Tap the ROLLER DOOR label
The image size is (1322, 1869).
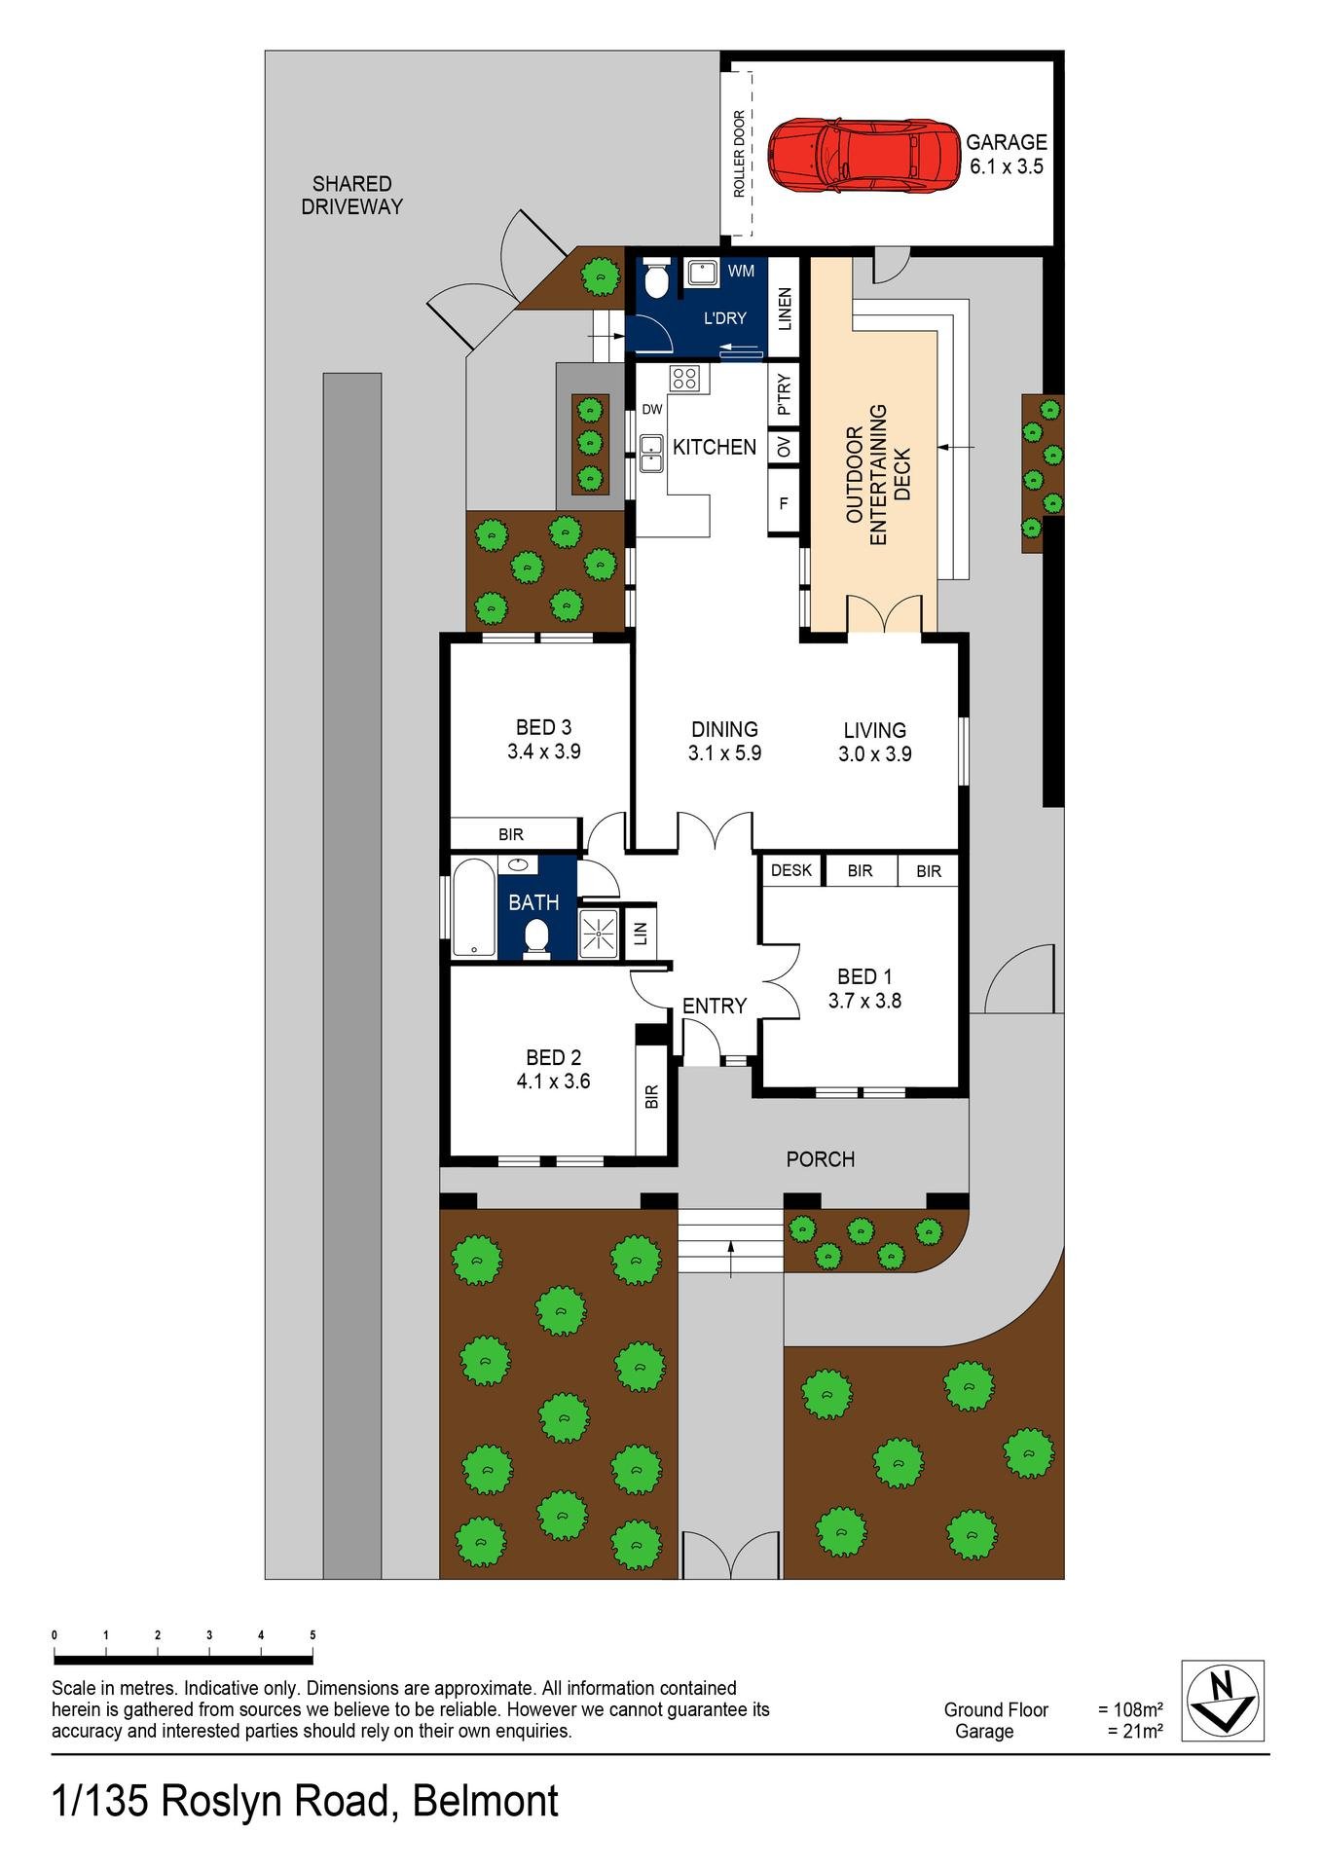[740, 154]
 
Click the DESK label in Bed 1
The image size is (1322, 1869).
[791, 870]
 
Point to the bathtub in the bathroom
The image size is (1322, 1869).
[473, 908]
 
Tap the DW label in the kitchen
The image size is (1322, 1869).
[651, 410]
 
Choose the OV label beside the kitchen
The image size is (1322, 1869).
[784, 447]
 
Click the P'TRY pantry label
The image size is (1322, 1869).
[784, 393]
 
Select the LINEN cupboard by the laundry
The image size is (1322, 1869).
[785, 308]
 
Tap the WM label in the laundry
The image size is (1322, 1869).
[741, 272]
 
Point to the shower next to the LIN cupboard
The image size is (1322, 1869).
[599, 934]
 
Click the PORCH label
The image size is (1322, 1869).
[821, 1159]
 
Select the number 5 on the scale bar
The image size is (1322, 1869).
[312, 1635]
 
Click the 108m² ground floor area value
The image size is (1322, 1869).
[1131, 1709]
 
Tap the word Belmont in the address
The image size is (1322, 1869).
[486, 1802]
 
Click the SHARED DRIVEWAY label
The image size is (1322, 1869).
[351, 195]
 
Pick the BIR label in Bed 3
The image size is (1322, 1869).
[511, 834]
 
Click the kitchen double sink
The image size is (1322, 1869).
[651, 455]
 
